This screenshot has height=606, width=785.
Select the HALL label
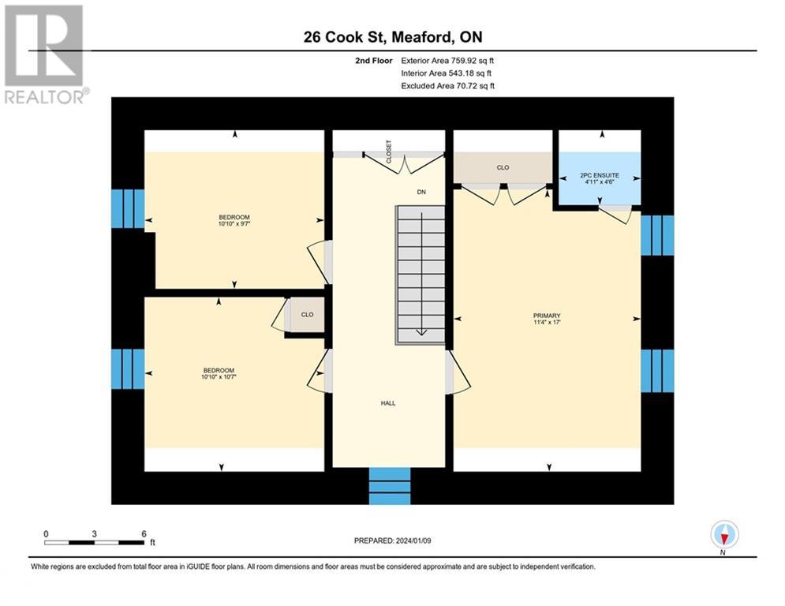[388, 403]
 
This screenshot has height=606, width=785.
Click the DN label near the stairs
[422, 192]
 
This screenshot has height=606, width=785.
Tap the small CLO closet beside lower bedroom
[307, 315]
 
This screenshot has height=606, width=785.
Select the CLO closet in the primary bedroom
[503, 167]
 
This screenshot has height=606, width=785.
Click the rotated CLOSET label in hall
[388, 151]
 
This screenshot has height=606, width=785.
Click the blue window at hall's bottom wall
[391, 485]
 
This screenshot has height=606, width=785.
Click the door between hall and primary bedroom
[458, 372]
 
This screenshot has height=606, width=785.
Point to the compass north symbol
[723, 535]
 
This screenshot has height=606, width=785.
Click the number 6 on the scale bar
[144, 534]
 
